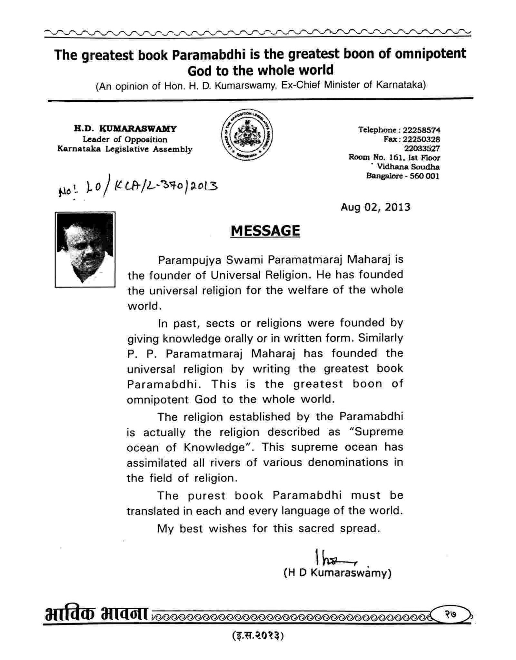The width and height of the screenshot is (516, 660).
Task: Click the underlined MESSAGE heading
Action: coord(265,231)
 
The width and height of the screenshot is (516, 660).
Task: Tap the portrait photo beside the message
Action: coord(85,249)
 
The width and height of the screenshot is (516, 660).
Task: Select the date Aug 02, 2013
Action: coord(375,207)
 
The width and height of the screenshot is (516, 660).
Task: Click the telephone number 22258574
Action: coord(422,130)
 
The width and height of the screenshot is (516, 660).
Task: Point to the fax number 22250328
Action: coord(422,139)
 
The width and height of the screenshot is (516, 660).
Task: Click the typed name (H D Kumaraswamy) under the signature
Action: coord(337,573)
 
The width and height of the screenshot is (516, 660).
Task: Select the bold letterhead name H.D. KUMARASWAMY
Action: coord(125,129)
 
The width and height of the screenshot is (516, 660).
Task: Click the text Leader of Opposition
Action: coord(125,139)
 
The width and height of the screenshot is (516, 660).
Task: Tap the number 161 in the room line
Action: coord(391,158)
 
